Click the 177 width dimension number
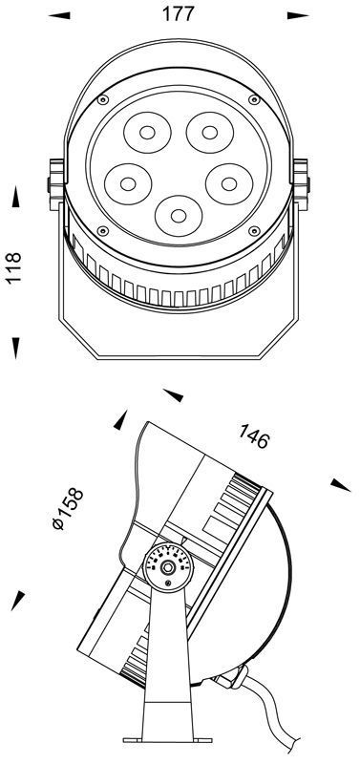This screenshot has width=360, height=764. coord(178,13)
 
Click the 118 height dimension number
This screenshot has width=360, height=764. coord(13,267)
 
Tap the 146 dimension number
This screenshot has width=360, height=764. coord(253,436)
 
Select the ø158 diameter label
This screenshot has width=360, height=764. coord(68,509)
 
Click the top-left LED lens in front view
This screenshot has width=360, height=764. coord(147,132)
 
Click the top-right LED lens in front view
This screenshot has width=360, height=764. coord(210,132)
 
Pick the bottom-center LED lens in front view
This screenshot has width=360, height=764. coord(179,216)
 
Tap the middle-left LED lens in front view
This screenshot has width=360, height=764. coord(128,184)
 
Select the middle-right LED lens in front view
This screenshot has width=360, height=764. coord(229,184)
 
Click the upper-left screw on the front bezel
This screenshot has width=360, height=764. coord(103,100)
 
